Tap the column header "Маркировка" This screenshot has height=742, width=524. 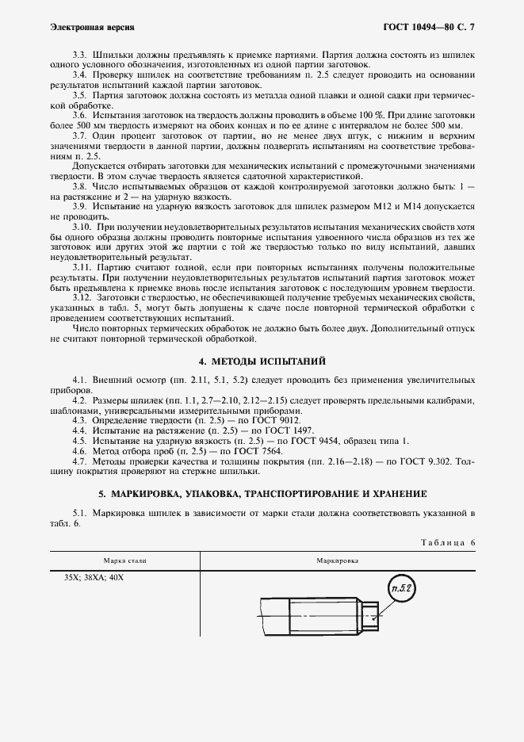(338, 560)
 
